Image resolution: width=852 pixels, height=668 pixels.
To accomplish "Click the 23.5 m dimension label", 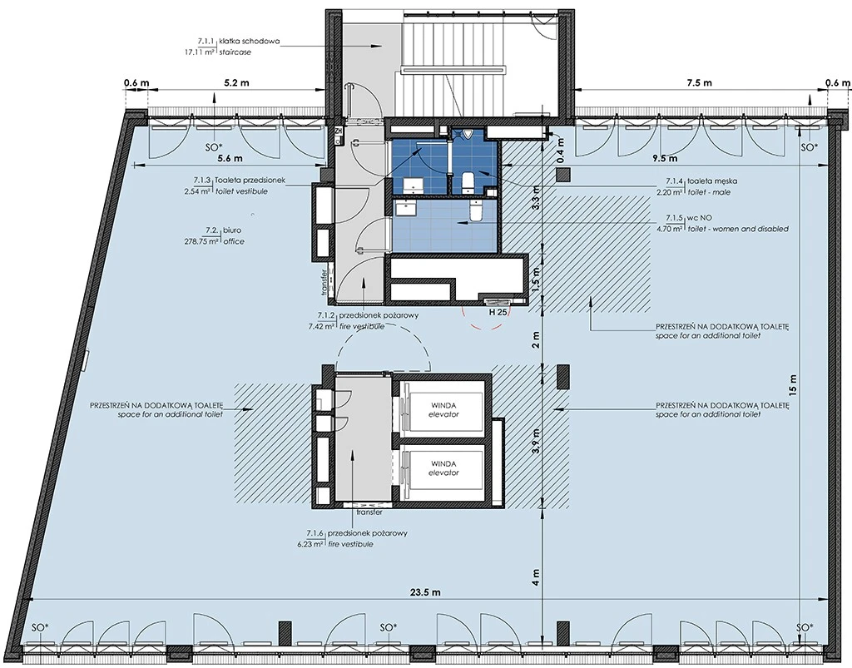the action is [425, 593].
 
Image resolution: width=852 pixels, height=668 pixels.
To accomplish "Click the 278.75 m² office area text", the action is [201, 241].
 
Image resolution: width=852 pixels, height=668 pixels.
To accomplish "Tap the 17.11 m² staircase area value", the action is [201, 52].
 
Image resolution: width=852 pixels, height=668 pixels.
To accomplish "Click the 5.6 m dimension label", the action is [230, 159].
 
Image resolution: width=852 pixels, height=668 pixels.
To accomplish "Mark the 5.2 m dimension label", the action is [237, 82].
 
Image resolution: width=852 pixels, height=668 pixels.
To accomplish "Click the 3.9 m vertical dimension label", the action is [537, 441].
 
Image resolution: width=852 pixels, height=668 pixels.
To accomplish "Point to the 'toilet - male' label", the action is [709, 192].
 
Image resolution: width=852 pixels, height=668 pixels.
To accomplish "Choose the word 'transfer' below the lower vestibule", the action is [369, 512].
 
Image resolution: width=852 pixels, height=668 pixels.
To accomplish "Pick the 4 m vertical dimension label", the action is [537, 576].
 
